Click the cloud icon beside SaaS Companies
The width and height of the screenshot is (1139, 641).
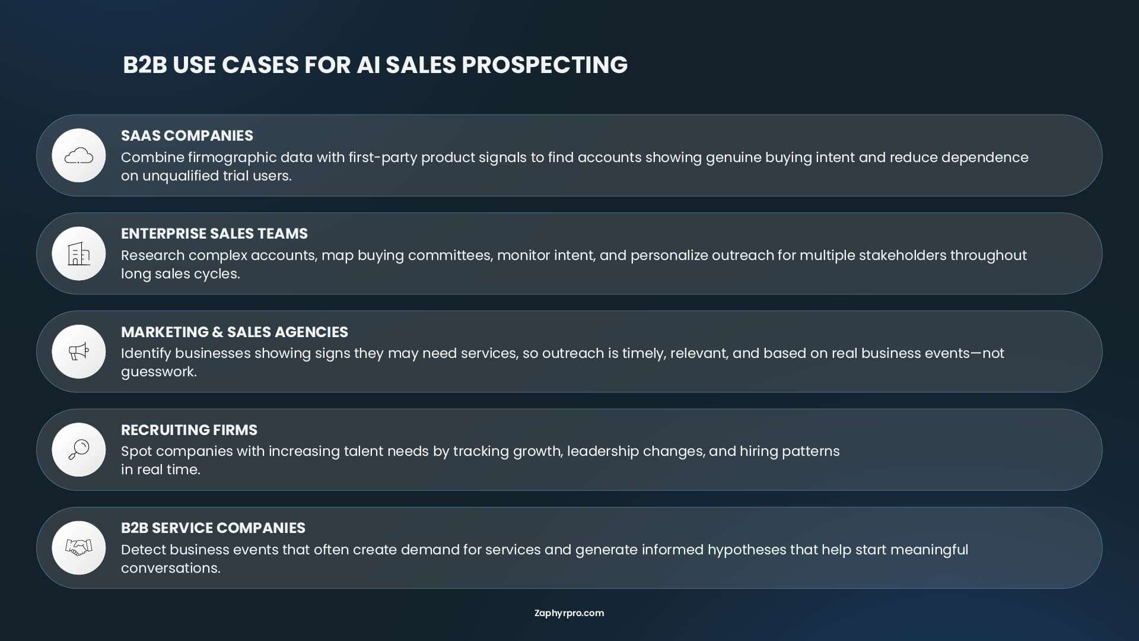coord(79,156)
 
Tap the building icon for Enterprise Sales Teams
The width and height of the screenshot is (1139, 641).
coord(79,253)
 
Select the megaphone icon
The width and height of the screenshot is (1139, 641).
coord(79,351)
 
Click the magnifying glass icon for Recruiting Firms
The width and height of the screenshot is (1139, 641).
coord(79,449)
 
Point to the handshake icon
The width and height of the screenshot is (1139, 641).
coord(79,547)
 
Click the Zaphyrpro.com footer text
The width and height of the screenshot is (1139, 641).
coord(569,613)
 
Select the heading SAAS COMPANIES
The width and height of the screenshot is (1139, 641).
coord(187,135)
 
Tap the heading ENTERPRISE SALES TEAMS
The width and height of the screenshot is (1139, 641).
coord(214,233)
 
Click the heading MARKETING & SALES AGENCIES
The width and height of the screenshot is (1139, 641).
coord(234,332)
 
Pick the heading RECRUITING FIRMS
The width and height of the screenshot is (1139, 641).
coord(189,430)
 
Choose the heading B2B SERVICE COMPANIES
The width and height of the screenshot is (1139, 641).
coord(213,528)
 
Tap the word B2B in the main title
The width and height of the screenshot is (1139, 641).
coord(145,65)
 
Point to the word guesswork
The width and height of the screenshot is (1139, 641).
coord(158,372)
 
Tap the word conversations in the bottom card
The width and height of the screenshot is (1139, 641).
coord(170,568)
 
